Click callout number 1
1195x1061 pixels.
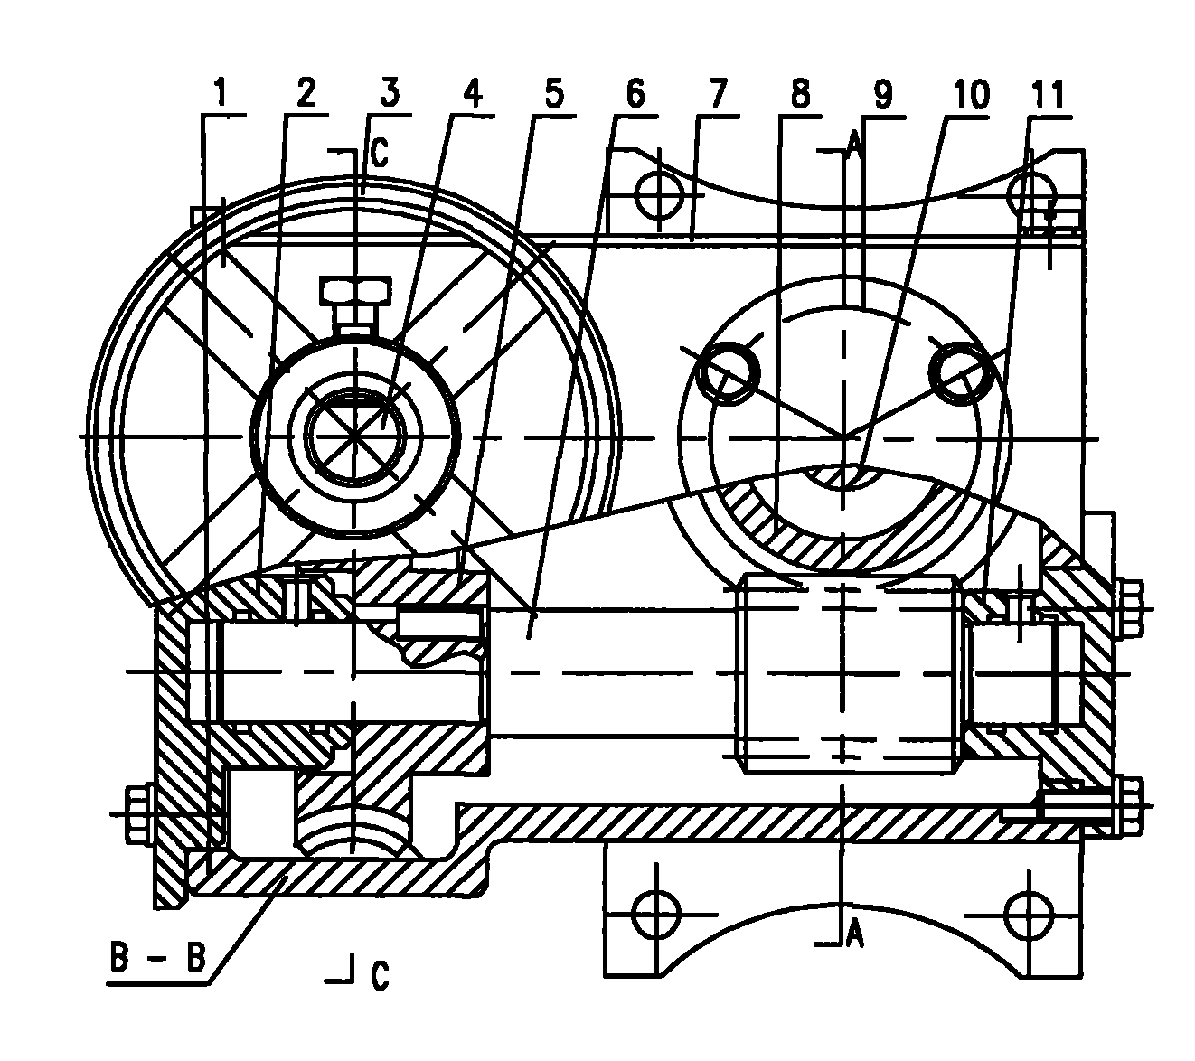[x=220, y=94]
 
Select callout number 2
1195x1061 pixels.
[x=306, y=94]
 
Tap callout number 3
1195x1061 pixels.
[x=390, y=94]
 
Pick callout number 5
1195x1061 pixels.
[x=553, y=94]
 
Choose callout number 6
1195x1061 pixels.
[x=635, y=94]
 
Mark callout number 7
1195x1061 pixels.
[x=718, y=94]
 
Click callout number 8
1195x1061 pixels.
[x=799, y=94]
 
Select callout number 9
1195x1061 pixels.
[x=881, y=94]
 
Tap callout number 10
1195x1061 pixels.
[x=971, y=94]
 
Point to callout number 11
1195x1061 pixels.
[x=1051, y=94]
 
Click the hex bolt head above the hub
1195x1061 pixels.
[x=356, y=292]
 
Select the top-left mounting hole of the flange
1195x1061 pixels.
[x=655, y=192]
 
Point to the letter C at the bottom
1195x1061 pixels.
[x=380, y=974]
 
